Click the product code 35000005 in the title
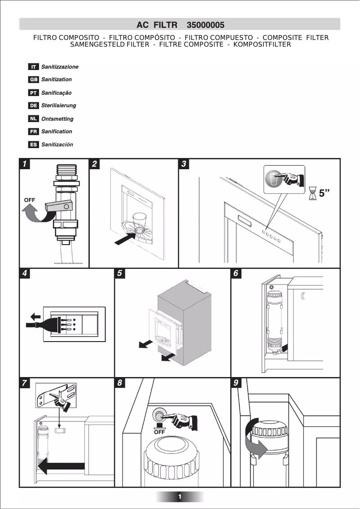(206, 25)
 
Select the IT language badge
(33, 67)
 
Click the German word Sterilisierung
(58, 105)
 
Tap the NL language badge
(33, 119)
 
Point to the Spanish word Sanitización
(57, 145)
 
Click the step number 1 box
(26, 164)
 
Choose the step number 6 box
(237, 273)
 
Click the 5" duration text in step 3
(324, 193)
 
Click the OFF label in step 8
(159, 433)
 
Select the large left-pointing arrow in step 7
(61, 468)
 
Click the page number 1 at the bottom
(180, 496)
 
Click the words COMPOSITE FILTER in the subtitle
(295, 38)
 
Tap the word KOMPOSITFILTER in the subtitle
(262, 44)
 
